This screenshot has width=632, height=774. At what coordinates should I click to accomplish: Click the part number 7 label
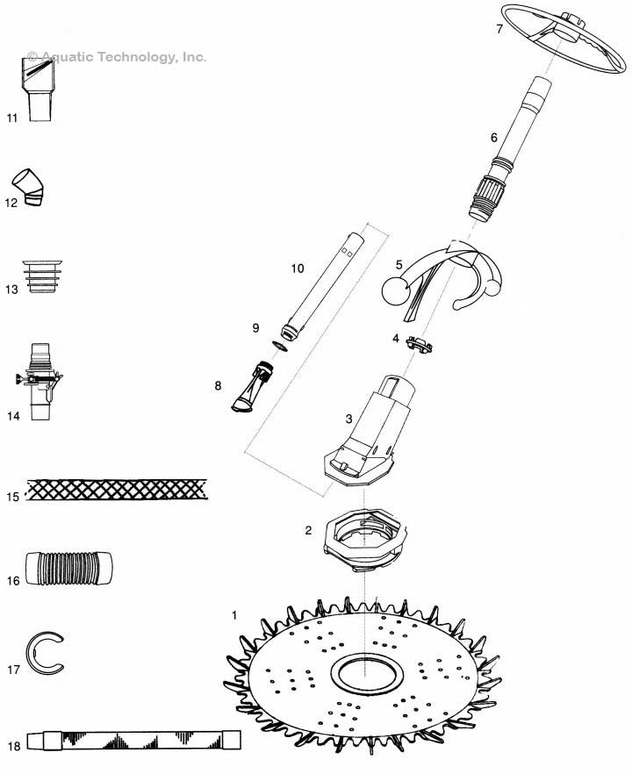coord(499,29)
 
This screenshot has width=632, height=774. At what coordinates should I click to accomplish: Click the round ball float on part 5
coord(396,289)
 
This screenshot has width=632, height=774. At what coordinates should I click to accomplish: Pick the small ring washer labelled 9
coord(277,345)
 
